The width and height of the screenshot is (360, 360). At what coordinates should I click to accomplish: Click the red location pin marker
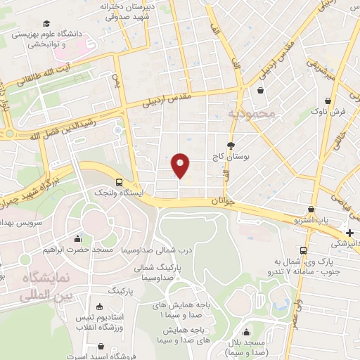(181, 165)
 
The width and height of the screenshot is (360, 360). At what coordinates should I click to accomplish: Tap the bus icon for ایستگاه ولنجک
(119, 181)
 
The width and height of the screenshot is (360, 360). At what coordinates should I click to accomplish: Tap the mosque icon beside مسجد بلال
(245, 333)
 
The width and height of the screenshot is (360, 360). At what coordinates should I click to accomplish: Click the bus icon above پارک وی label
(303, 250)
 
